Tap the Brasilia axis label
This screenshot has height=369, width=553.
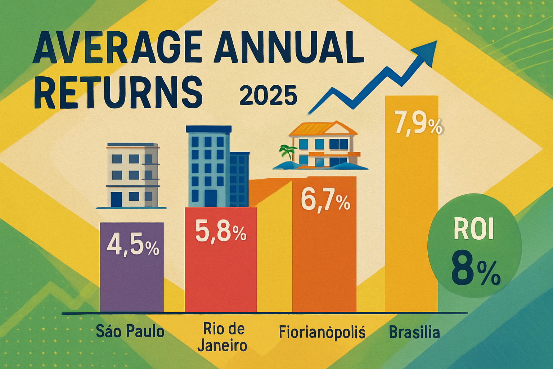tap(414, 332)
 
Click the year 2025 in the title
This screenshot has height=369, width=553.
tap(268, 95)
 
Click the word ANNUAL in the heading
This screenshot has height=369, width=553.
tap(288, 47)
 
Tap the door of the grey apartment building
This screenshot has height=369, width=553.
tap(116, 199)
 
